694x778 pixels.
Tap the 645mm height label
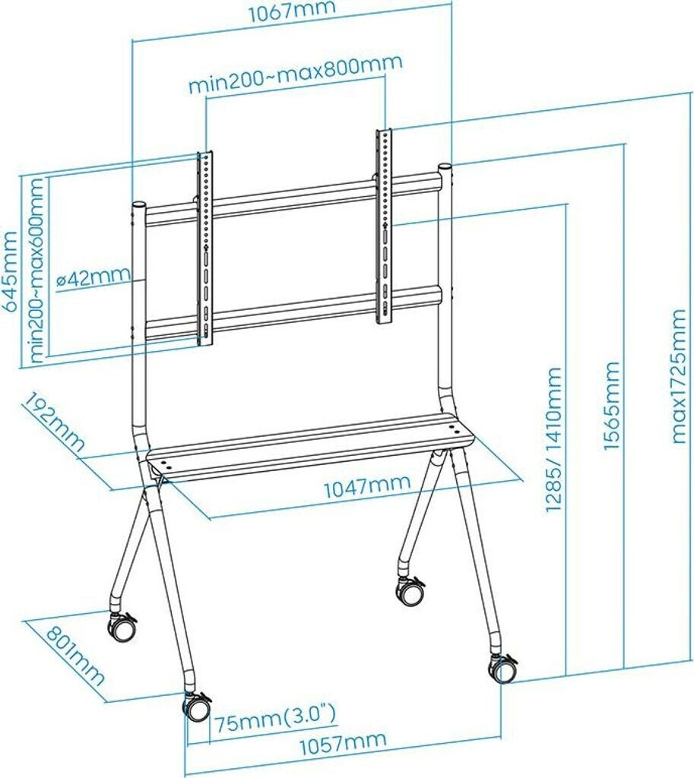click(x=11, y=270)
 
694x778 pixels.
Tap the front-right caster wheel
click(x=502, y=669)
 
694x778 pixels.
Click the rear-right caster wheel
click(x=411, y=591)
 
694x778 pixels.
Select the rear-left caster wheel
click(x=122, y=627)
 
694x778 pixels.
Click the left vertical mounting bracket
click(x=205, y=247)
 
